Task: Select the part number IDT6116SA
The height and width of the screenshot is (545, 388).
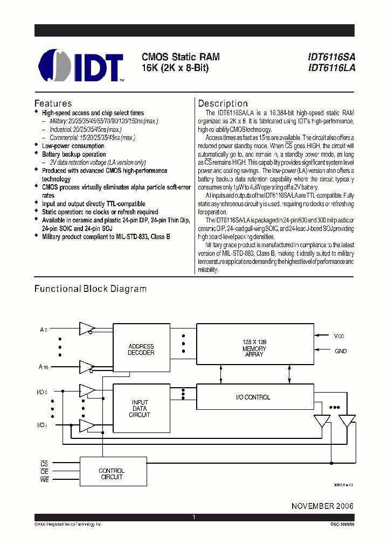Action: pyautogui.click(x=331, y=57)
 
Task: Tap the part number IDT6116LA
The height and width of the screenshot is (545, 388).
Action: pyautogui.click(x=331, y=68)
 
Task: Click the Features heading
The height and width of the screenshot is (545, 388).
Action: pyautogui.click(x=53, y=103)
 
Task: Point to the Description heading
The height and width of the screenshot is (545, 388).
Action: pyautogui.click(x=223, y=103)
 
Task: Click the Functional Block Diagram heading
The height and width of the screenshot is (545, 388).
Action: pyautogui.click(x=91, y=289)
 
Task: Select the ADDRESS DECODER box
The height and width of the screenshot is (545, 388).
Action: pyautogui.click(x=141, y=350)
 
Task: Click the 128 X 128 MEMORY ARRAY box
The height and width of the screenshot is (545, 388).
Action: pyautogui.click(x=254, y=348)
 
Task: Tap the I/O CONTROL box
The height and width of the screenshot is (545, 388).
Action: pyautogui.click(x=254, y=397)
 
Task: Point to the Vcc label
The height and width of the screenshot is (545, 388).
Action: pyautogui.click(x=338, y=336)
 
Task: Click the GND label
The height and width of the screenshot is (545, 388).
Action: pyautogui.click(x=340, y=351)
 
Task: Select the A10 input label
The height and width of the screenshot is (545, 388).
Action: pyautogui.click(x=44, y=367)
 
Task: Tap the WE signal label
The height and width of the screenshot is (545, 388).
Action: pyautogui.click(x=44, y=480)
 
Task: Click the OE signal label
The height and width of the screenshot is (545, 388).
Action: pyautogui.click(x=44, y=471)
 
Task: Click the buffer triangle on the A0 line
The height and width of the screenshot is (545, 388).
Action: pyautogui.click(x=87, y=329)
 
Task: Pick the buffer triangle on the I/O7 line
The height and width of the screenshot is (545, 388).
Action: pyautogui.click(x=87, y=425)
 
